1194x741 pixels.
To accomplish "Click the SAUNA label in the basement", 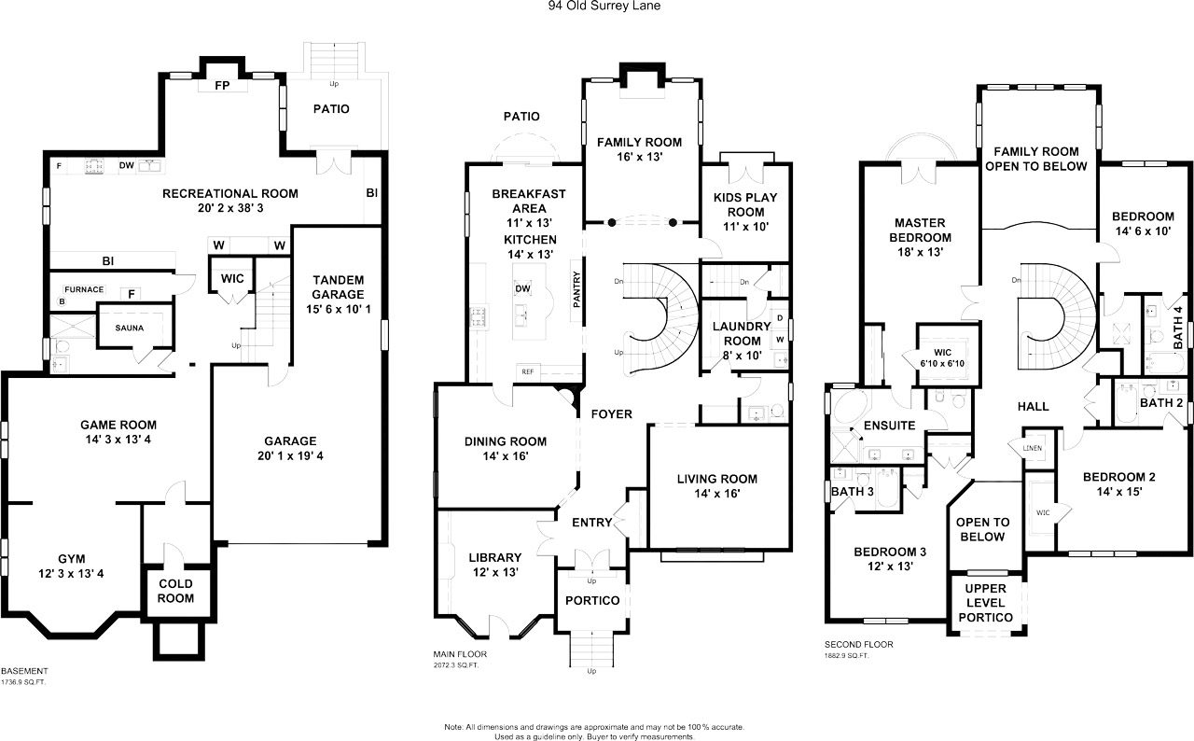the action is click(x=130, y=328).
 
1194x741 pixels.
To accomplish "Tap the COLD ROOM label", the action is click(x=176, y=591).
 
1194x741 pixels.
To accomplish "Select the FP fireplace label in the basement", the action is click(x=222, y=85).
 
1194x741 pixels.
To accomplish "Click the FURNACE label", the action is click(x=84, y=289).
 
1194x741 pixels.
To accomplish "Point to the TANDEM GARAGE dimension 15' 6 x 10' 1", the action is click(x=338, y=309).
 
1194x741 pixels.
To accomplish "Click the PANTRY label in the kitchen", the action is click(x=576, y=289).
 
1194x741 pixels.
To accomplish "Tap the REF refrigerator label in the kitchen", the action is click(x=528, y=371).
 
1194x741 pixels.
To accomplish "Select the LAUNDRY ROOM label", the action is click(x=742, y=334).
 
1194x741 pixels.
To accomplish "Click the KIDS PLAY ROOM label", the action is click(x=745, y=204).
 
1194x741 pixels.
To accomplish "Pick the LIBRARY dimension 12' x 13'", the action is click(x=495, y=572).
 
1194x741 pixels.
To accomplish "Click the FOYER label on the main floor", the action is click(x=611, y=414).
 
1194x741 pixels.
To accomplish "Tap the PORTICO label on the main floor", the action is click(x=592, y=601).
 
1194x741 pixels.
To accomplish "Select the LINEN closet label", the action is click(x=1033, y=448).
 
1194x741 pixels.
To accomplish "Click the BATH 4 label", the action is click(x=1178, y=328).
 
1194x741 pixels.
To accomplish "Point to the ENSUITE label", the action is click(x=890, y=426).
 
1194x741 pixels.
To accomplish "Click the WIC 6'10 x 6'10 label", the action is click(x=942, y=358).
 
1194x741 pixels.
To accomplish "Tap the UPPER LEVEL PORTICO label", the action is click(x=986, y=603).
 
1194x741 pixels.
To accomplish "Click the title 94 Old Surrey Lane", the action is click(x=604, y=6).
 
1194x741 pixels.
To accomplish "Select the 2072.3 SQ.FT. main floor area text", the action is click(x=456, y=665).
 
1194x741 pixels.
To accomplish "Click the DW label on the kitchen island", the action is click(x=523, y=289).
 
